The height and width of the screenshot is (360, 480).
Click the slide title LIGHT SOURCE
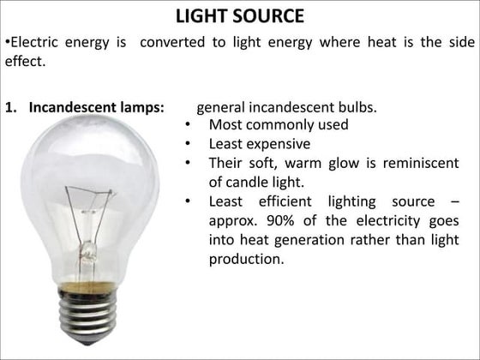click(x=239, y=16)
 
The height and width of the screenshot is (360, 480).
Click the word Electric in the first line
click(x=34, y=42)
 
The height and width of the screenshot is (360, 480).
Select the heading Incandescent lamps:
click(x=97, y=109)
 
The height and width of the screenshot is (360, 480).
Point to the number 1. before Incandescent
click(x=12, y=109)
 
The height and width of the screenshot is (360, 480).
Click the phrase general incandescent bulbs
click(x=286, y=108)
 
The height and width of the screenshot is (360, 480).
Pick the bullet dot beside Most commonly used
click(x=187, y=126)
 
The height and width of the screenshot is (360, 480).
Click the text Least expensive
click(x=260, y=144)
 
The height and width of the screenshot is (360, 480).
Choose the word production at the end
click(x=246, y=259)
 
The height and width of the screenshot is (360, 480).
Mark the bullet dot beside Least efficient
click(x=187, y=201)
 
